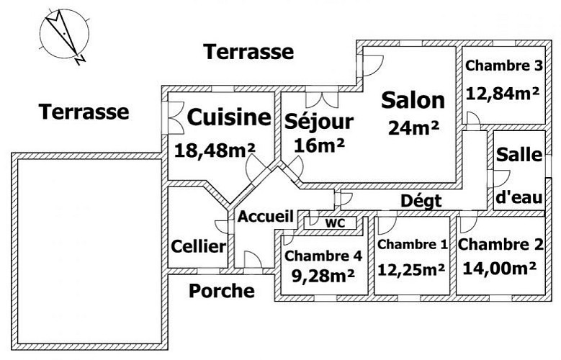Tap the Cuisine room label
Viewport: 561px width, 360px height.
tap(229, 117)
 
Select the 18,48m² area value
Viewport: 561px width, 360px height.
tap(215, 150)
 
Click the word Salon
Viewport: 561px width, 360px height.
tap(413, 100)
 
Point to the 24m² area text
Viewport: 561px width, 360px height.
tap(413, 127)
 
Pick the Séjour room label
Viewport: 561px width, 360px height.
tap(319, 121)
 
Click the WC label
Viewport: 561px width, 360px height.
tap(336, 223)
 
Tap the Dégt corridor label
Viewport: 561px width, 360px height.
tap(421, 202)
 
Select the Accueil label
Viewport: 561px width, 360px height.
tap(266, 216)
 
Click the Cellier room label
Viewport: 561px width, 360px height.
tap(199, 246)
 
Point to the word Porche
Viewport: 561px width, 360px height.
tap(222, 291)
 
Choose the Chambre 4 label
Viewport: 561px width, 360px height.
tap(323, 256)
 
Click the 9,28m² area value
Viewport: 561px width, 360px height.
tap(323, 275)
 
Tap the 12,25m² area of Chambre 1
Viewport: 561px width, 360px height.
tap(411, 270)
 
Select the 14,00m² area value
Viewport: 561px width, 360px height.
tap(500, 268)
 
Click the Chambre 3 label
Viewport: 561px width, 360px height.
tap(504, 66)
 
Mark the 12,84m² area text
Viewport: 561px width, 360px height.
tap(503, 94)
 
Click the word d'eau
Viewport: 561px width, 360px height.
tap(519, 197)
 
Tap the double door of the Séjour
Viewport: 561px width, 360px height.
tap(322, 99)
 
